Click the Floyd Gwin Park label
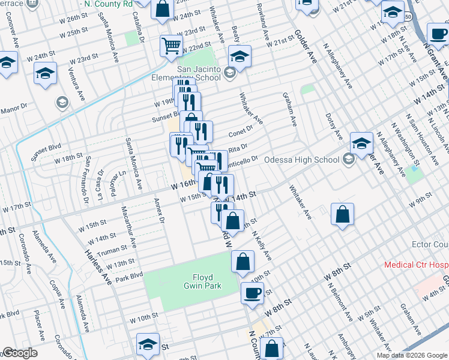[x=206, y=281]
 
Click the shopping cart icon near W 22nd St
[x=171, y=45]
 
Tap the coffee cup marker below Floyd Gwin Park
[x=252, y=293]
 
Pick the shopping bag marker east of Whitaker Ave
[x=342, y=215]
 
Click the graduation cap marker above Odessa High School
[x=361, y=143]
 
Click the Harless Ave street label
[x=98, y=268]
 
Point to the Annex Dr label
[x=159, y=210]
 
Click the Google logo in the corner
[x=20, y=353]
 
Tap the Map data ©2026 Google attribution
[x=411, y=355]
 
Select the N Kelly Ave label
[x=262, y=247]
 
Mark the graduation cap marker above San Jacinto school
[x=240, y=57]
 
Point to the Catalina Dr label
[x=142, y=30]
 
